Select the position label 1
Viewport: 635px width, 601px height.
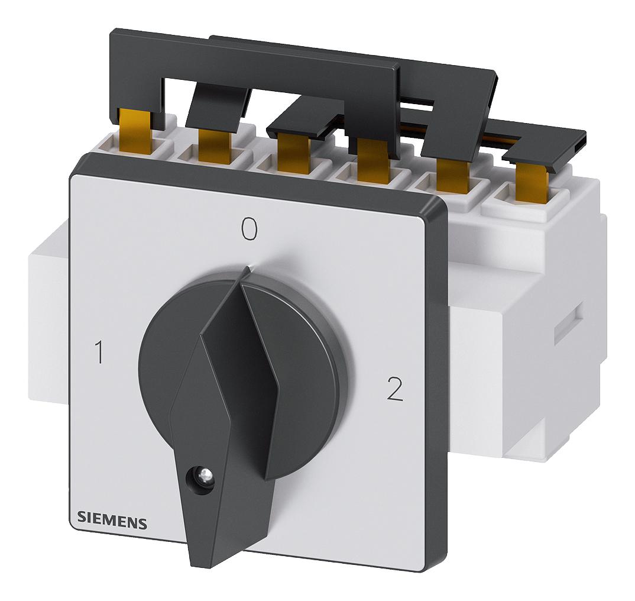click(x=98, y=353)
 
